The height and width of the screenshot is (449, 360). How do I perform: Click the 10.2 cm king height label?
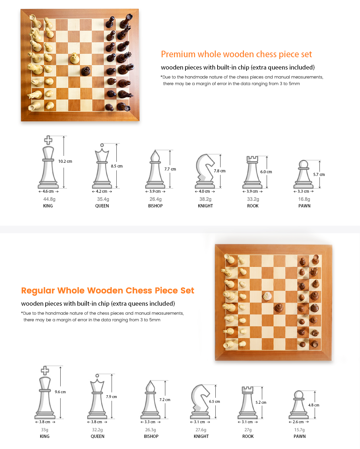tap(65, 161)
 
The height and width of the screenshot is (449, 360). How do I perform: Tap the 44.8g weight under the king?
tap(49, 199)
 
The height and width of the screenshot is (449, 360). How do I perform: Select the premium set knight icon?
tap(205, 171)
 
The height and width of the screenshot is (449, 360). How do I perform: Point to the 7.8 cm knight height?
tap(220, 171)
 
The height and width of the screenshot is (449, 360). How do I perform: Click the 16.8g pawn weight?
tap(304, 199)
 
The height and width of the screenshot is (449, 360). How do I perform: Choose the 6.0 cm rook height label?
tap(266, 172)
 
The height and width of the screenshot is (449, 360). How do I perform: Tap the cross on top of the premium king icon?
tap(48, 140)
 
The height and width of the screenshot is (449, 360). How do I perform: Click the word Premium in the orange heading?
tap(178, 54)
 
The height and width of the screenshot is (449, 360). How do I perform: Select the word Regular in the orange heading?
tap(38, 290)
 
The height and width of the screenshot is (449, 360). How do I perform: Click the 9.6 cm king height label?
tap(60, 392)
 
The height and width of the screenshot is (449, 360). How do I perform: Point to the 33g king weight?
tap(45, 430)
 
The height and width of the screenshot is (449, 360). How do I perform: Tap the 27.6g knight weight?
tap(201, 430)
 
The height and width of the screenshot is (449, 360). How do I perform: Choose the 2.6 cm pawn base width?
tap(298, 422)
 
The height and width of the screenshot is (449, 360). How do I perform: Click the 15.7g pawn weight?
tap(299, 430)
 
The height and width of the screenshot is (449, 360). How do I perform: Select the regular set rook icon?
tap(248, 403)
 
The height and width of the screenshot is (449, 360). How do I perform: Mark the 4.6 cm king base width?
tap(48, 191)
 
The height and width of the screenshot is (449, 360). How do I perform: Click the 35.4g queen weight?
tap(103, 199)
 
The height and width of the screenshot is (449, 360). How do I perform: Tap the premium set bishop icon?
tap(155, 169)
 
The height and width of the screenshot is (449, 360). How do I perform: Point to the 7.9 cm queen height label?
tap(112, 397)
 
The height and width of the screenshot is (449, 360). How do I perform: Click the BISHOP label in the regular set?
tap(151, 436)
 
